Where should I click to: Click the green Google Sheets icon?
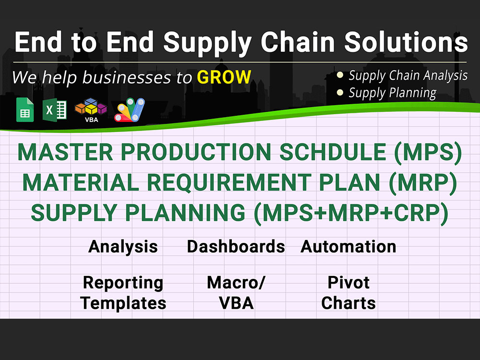click(x=25, y=110)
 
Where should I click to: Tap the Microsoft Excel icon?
click(x=55, y=110)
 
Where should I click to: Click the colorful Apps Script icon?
click(x=129, y=110)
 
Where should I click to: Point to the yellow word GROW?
click(x=224, y=77)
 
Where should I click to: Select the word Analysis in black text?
click(x=123, y=247)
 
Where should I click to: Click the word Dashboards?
click(x=236, y=247)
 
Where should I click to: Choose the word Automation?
click(x=348, y=247)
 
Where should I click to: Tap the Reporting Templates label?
click(x=123, y=293)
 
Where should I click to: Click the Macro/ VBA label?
click(x=236, y=293)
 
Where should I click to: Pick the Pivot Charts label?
click(x=348, y=293)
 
